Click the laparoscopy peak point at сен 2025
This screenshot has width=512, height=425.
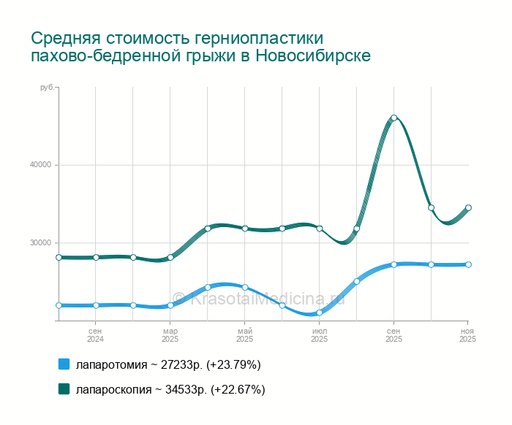[394, 118]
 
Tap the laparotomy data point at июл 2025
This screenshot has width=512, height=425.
[320, 313]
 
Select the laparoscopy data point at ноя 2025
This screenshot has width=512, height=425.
[468, 207]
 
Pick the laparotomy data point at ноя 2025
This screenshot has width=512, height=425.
[468, 264]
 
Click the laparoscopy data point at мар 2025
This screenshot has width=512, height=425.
[170, 257]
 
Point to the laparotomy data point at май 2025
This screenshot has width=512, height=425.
[245, 287]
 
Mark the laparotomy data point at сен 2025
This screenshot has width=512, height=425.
[394, 264]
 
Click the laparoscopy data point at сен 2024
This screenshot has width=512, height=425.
[96, 257]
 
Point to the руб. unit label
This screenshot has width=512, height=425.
[47, 88]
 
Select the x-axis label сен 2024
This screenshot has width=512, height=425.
[96, 335]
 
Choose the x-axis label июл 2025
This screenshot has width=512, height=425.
[320, 335]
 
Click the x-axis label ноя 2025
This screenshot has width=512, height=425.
[468, 335]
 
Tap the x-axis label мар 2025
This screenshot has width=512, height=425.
[170, 335]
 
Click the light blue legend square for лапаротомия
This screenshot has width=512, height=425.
[64, 364]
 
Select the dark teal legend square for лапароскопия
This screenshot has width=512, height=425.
[64, 389]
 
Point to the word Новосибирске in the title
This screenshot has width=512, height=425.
[313, 56]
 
